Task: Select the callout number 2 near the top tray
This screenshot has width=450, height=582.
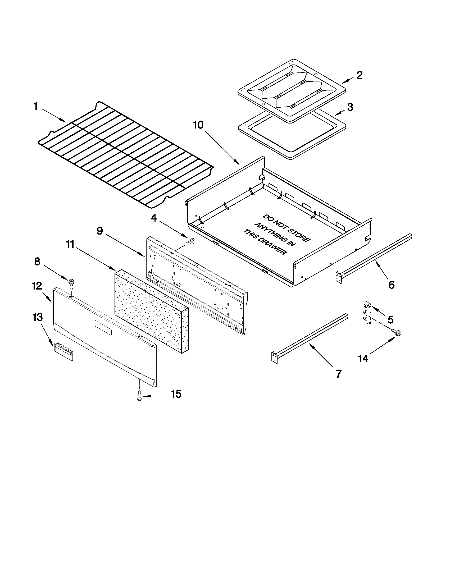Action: click(x=359, y=75)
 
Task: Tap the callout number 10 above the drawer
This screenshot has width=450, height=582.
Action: click(x=198, y=125)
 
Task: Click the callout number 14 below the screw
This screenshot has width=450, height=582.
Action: click(x=363, y=358)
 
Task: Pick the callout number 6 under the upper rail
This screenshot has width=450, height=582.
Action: click(x=391, y=285)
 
